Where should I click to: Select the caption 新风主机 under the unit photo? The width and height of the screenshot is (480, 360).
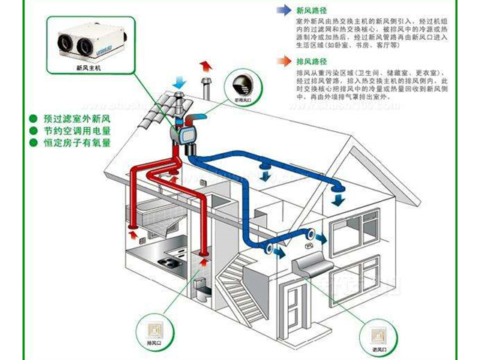pyautogui.click(x=90, y=67)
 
